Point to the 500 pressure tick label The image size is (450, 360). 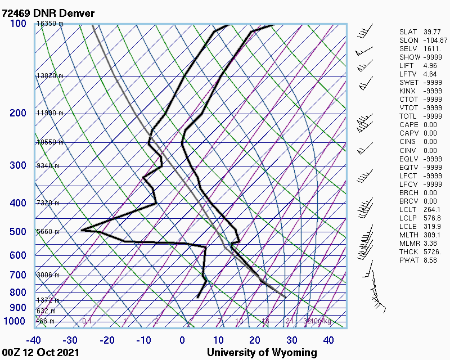click(x=18, y=232)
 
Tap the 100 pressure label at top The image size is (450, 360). click(x=18, y=24)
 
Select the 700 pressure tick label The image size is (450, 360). click(x=18, y=275)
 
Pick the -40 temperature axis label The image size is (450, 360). click(x=34, y=340)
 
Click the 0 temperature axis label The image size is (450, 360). click(x=182, y=340)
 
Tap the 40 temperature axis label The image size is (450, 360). click(x=328, y=340)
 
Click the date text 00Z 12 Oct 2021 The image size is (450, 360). click(x=40, y=353)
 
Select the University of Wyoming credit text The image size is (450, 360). click(x=262, y=353)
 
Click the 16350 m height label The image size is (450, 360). click(x=50, y=24)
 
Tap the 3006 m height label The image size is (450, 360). click(x=48, y=274)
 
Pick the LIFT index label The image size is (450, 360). click(x=406, y=66)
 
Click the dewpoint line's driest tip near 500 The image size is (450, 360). click(x=82, y=229)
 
